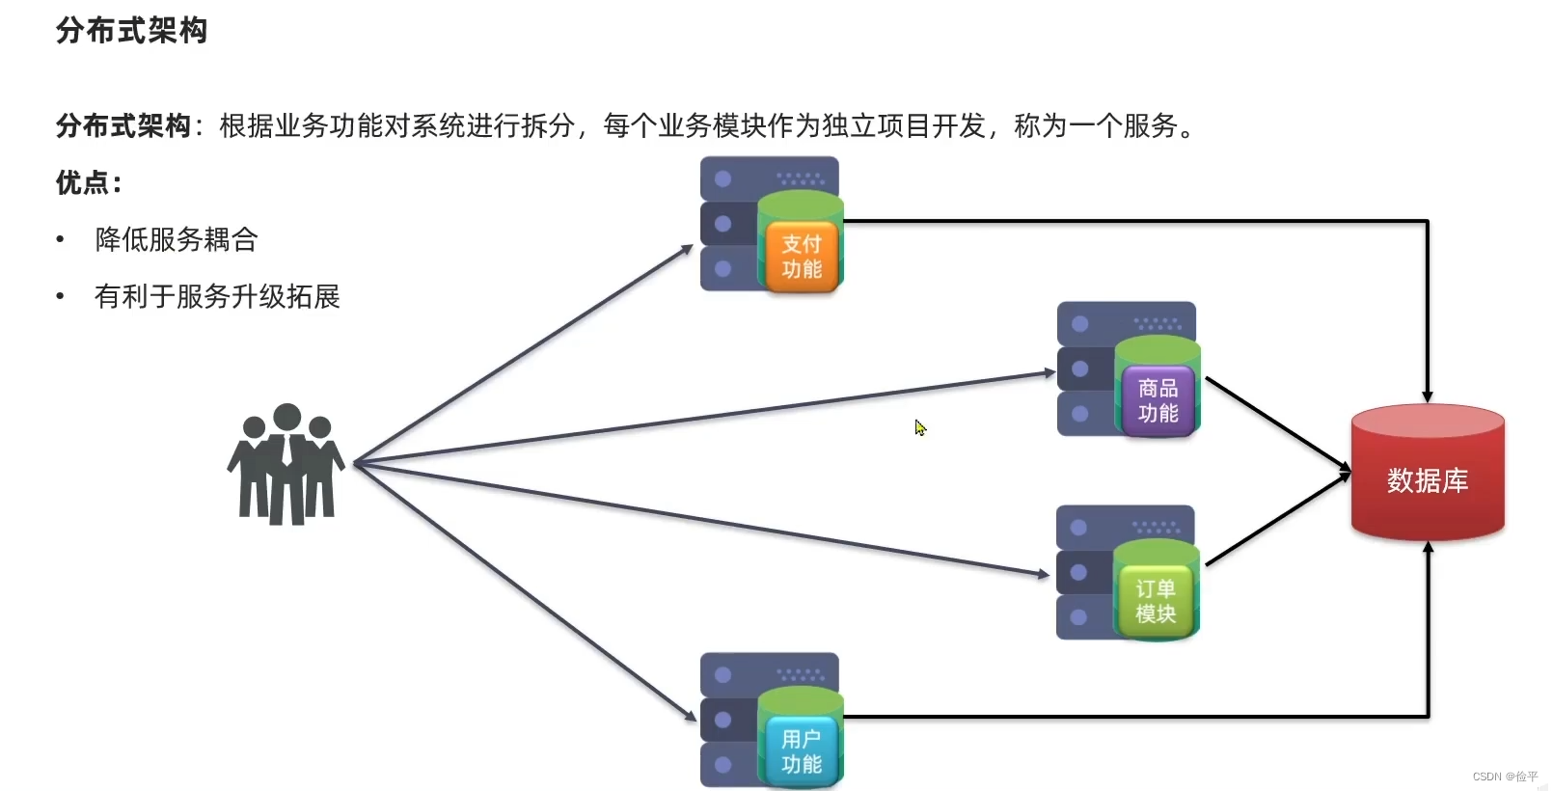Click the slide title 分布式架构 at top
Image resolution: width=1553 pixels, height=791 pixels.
(131, 31)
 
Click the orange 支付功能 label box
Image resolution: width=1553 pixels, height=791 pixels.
(802, 257)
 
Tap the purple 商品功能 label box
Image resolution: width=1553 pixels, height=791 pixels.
(1158, 401)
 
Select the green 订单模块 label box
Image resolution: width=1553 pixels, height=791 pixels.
(1156, 602)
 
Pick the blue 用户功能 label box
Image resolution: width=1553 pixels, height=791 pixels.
(802, 751)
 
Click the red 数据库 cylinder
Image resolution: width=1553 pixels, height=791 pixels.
(1428, 473)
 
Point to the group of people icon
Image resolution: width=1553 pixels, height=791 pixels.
(286, 465)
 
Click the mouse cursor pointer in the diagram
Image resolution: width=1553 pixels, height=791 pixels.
(920, 427)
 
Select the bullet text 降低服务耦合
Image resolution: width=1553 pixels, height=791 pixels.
(177, 239)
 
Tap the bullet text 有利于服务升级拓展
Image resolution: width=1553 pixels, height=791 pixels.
(217, 296)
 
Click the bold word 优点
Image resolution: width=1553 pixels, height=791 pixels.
(83, 182)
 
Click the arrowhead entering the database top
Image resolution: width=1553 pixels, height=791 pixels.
(1428, 395)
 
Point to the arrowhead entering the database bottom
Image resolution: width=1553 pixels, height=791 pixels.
(1428, 548)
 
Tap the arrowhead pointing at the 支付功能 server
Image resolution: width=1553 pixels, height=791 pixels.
(687, 250)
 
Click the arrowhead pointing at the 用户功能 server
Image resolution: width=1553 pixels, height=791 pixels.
(690, 716)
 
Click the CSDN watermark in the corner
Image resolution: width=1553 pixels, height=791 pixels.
(1505, 777)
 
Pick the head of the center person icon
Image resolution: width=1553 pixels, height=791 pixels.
(286, 417)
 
